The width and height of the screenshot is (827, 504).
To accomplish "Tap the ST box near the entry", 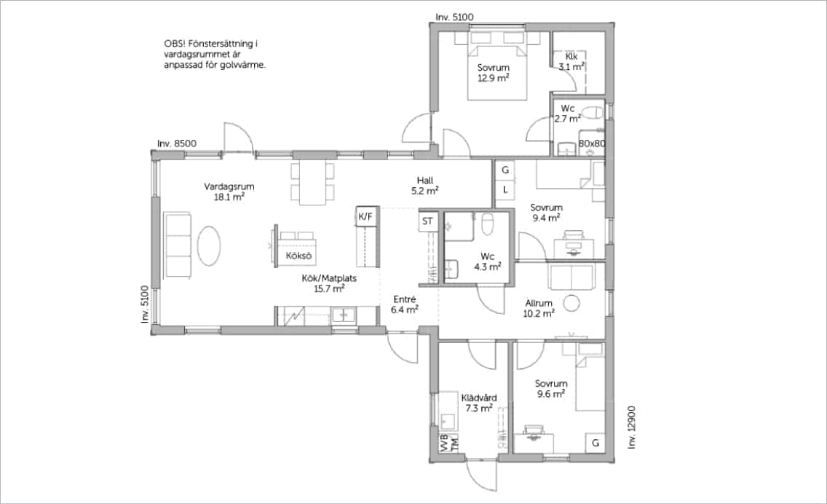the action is (x=427, y=221).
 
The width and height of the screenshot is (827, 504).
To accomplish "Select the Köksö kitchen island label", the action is (x=298, y=256).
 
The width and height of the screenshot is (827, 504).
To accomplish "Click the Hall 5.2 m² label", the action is (x=425, y=185).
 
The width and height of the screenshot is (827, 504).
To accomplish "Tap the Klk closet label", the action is (x=571, y=57).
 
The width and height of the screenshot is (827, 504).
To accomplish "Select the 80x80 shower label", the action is (x=592, y=143).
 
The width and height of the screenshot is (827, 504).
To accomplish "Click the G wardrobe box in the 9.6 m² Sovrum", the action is (x=595, y=443).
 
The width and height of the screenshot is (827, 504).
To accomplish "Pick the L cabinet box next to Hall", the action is (x=505, y=189).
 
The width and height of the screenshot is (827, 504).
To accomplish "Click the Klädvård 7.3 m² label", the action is (x=479, y=403).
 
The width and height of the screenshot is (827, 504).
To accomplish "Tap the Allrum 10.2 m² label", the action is (x=539, y=308).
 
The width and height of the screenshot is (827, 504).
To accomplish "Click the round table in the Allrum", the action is (x=571, y=303).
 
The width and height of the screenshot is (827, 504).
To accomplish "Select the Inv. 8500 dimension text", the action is (x=177, y=143).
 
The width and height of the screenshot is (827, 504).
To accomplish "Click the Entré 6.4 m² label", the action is (x=405, y=304).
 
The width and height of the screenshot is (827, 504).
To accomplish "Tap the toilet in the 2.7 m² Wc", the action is (x=593, y=113).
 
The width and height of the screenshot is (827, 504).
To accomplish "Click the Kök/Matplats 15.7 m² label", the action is (x=329, y=283).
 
